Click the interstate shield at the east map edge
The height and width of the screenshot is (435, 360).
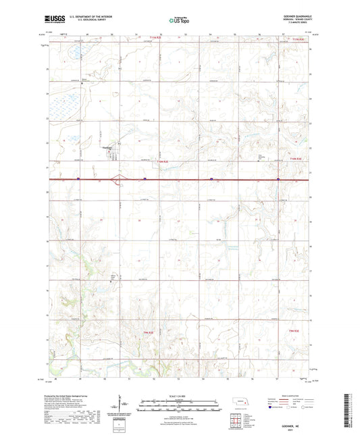(x=279, y=179)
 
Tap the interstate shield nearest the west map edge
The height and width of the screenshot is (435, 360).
(x=78, y=179)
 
